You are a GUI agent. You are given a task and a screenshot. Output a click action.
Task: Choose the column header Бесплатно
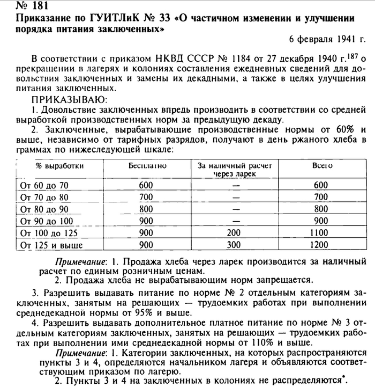coord(147,165)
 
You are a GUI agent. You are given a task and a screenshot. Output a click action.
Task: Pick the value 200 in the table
coord(235,233)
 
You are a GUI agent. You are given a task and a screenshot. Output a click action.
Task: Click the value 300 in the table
coord(235,245)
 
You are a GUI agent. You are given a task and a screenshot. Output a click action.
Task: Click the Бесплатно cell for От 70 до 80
coord(146,197)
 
